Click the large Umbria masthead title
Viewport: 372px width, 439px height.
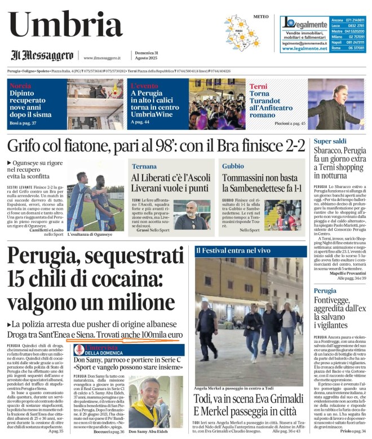point(67,25)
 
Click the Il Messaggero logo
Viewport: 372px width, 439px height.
point(43,56)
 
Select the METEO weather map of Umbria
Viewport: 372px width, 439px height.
point(242,33)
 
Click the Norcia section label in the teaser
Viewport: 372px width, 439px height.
point(21,86)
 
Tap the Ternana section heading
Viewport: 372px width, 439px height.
point(144,166)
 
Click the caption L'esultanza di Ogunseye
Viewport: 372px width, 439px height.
point(91,234)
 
